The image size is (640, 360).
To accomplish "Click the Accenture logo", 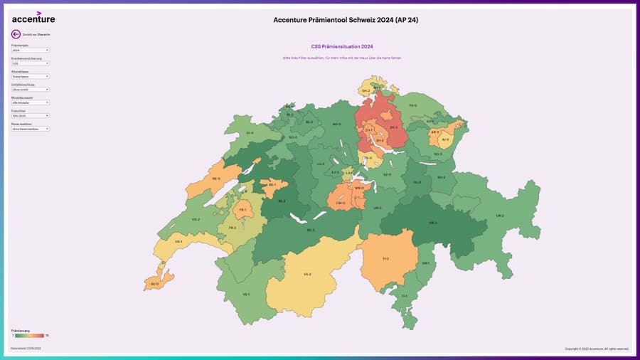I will click(33, 18).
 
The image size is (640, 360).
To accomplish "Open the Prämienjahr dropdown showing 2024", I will click(30, 51).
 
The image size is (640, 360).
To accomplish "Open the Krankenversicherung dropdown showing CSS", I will click(30, 63).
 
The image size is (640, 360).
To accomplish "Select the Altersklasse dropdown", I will click(30, 76).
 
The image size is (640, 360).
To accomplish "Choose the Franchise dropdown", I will click(30, 115).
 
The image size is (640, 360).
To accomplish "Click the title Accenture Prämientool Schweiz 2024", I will click(346, 20).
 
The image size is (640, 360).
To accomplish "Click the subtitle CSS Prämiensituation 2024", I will click(342, 47).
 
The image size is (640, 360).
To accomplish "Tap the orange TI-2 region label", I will click(385, 259).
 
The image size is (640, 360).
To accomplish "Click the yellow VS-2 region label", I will click(307, 274).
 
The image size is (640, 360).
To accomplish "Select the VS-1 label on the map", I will click(246, 294).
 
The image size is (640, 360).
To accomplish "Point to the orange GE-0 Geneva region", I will click(154, 284).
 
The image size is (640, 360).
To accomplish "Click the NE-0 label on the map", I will click(217, 179).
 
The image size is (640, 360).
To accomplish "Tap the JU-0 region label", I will click(249, 132).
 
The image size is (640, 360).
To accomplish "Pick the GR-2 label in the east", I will click(500, 216).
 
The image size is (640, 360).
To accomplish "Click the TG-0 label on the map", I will click(412, 105).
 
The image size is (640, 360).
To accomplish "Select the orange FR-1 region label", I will click(243, 210).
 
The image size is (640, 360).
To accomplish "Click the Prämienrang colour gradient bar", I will click(29, 335).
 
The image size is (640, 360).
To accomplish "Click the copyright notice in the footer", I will click(597, 349).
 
